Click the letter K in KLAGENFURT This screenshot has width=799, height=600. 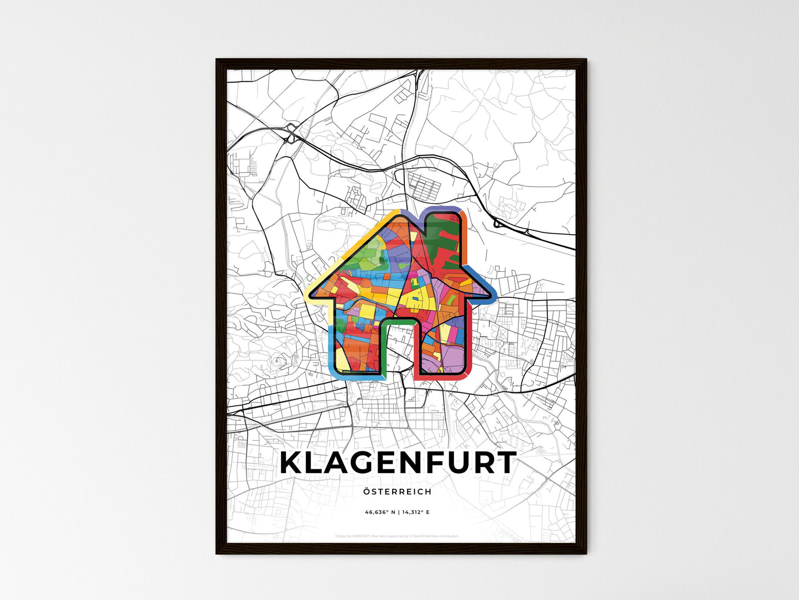point(293,463)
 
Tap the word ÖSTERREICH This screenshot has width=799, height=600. point(398,492)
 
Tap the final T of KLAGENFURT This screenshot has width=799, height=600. point(504,463)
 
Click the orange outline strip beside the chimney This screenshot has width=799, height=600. point(466,244)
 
